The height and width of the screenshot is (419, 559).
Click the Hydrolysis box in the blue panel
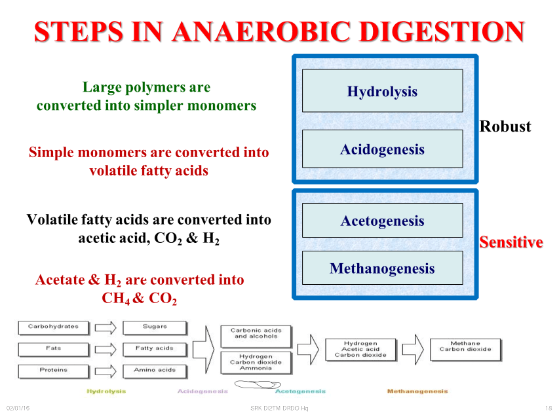pos(382,91)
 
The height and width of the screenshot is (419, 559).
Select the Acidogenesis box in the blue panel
pos(382,149)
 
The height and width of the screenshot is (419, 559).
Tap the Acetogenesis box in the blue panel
pos(382,220)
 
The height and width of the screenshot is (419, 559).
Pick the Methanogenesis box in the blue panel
pos(382,268)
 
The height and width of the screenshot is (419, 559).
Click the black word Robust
pos(505,126)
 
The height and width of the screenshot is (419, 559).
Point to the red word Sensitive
pos(511,242)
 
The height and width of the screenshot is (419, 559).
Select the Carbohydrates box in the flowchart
pos(54,328)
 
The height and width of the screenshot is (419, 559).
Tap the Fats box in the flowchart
pos(54,350)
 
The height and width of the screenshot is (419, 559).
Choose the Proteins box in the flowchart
pos(54,372)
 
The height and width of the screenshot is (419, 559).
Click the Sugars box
pos(155,328)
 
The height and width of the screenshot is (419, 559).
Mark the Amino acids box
pos(155,372)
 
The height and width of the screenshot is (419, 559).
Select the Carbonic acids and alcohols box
pos(256,336)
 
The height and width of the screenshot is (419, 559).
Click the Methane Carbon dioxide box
pos(465,350)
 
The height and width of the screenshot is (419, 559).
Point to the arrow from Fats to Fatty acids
pos(106,350)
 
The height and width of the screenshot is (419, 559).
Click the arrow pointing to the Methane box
pos(413,350)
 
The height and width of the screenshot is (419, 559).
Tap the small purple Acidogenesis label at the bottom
pos(202,392)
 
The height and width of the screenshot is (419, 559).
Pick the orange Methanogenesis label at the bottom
pos(417,392)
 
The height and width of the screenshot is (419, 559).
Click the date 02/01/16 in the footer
pos(18,408)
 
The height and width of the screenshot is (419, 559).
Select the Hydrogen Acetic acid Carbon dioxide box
pos(360,350)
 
